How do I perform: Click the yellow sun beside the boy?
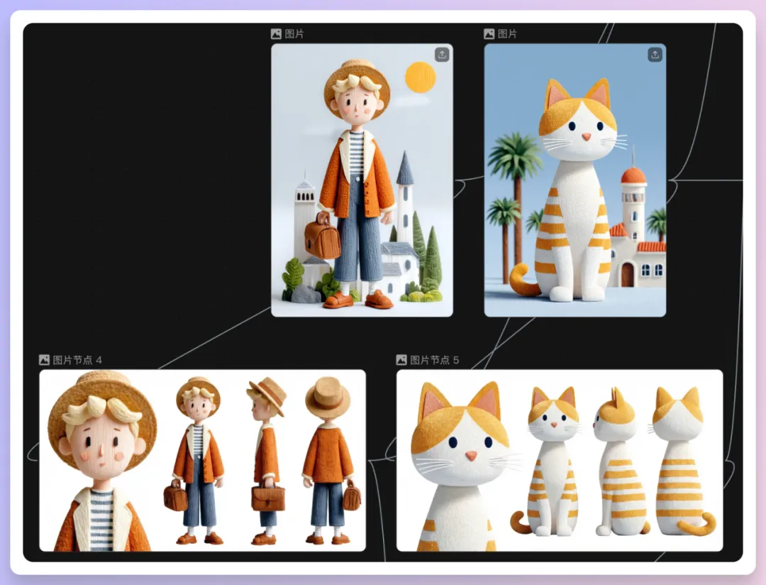[x=420, y=77]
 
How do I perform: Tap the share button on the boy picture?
[x=442, y=54]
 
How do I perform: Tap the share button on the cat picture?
[x=655, y=54]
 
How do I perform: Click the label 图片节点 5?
[x=434, y=360]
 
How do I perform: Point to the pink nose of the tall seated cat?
[x=587, y=136]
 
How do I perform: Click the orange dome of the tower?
[x=633, y=175]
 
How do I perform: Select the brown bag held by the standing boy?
[x=323, y=236]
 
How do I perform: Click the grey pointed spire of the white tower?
[x=405, y=168]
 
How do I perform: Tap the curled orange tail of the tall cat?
[x=521, y=281]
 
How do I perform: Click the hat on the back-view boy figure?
[x=327, y=395]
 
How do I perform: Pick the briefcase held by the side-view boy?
[x=268, y=496]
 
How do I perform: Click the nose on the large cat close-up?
[x=470, y=456]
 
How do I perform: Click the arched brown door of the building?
[x=627, y=275]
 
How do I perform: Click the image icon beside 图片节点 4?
[x=44, y=360]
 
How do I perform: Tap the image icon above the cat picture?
[x=489, y=34]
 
